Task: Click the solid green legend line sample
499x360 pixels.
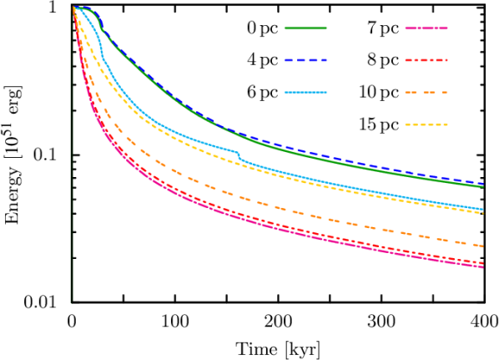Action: [x=305, y=28]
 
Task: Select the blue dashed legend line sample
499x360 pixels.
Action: [x=305, y=60]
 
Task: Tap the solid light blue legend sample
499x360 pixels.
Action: [x=305, y=93]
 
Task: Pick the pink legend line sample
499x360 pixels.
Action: [x=426, y=28]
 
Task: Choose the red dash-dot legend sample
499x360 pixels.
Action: [x=426, y=60]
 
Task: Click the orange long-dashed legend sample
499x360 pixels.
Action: [x=426, y=93]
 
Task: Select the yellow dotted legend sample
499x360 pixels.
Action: [x=426, y=125]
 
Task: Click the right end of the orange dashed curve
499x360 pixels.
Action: [x=483, y=246]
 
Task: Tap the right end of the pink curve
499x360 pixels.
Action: [x=483, y=267]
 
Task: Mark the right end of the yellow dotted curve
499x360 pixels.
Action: [x=483, y=214]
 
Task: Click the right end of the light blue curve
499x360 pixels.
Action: [x=483, y=209]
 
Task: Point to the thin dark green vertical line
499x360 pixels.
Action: [x=72, y=209]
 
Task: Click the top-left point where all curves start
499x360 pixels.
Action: [x=73, y=8]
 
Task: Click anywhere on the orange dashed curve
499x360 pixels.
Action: [x=250, y=200]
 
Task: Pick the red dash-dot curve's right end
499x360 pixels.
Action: [x=483, y=263]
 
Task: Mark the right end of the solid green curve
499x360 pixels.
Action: [x=483, y=187]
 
